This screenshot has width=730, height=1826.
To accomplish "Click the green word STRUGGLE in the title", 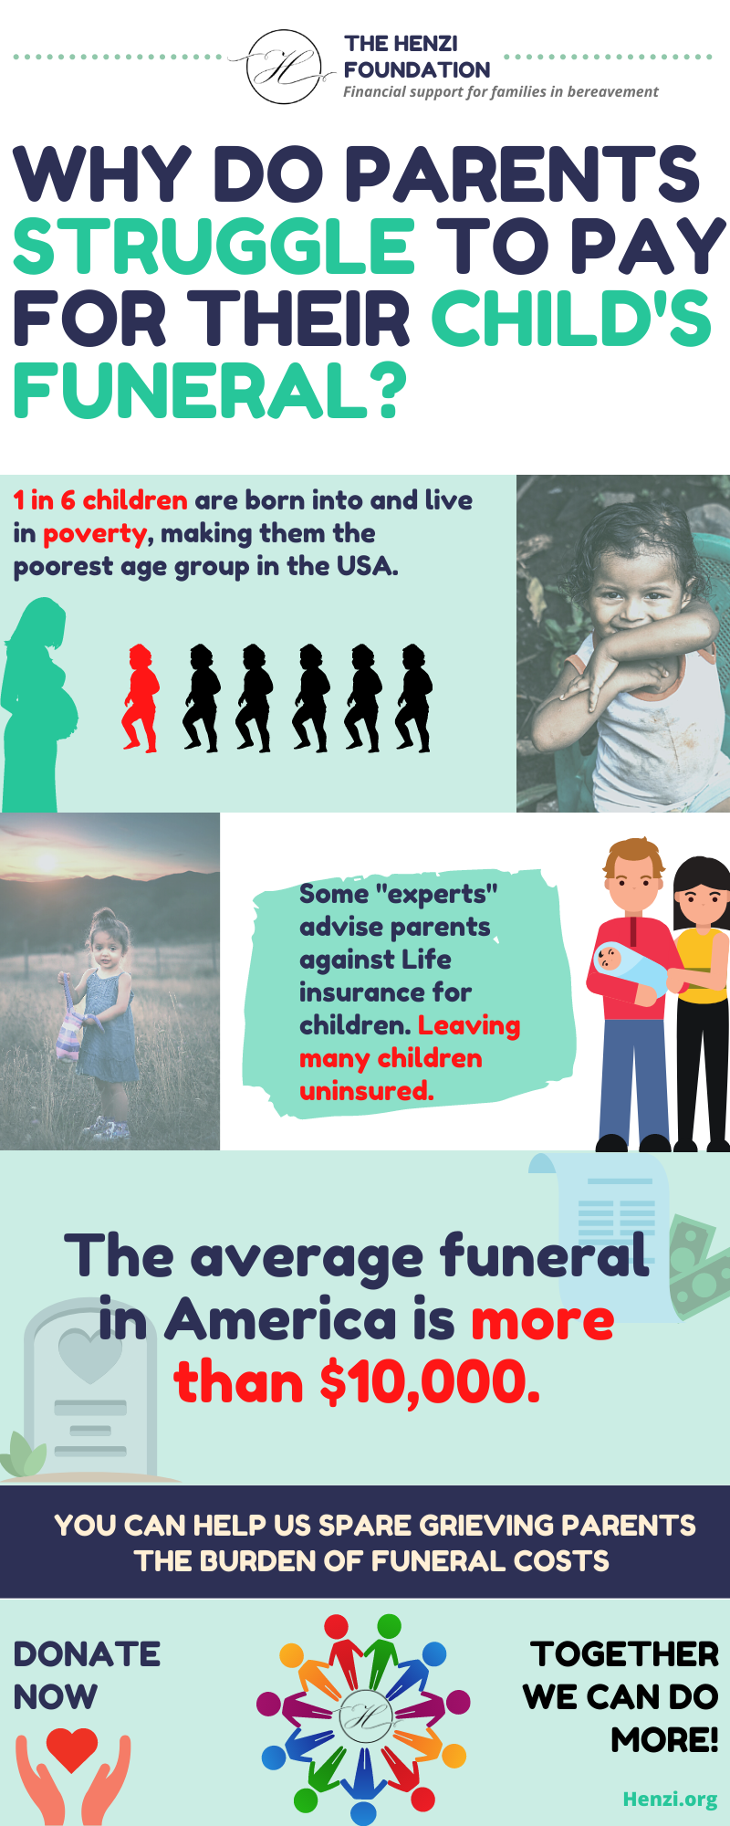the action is click(x=214, y=247).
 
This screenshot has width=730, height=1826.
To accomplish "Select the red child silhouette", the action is click(x=141, y=698).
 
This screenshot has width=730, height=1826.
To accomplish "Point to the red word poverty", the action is click(x=95, y=534).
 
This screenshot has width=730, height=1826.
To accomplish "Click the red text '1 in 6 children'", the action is click(x=100, y=500).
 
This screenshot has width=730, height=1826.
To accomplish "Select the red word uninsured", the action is click(x=366, y=1091).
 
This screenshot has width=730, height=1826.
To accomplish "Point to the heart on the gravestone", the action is click(x=89, y=1355).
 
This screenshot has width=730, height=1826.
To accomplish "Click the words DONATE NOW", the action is click(x=87, y=1675).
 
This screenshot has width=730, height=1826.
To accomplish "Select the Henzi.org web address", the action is click(x=670, y=1800).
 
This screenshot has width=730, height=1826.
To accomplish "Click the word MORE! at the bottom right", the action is click(x=664, y=1740).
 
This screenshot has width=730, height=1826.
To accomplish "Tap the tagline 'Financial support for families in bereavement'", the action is click(x=500, y=92).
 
